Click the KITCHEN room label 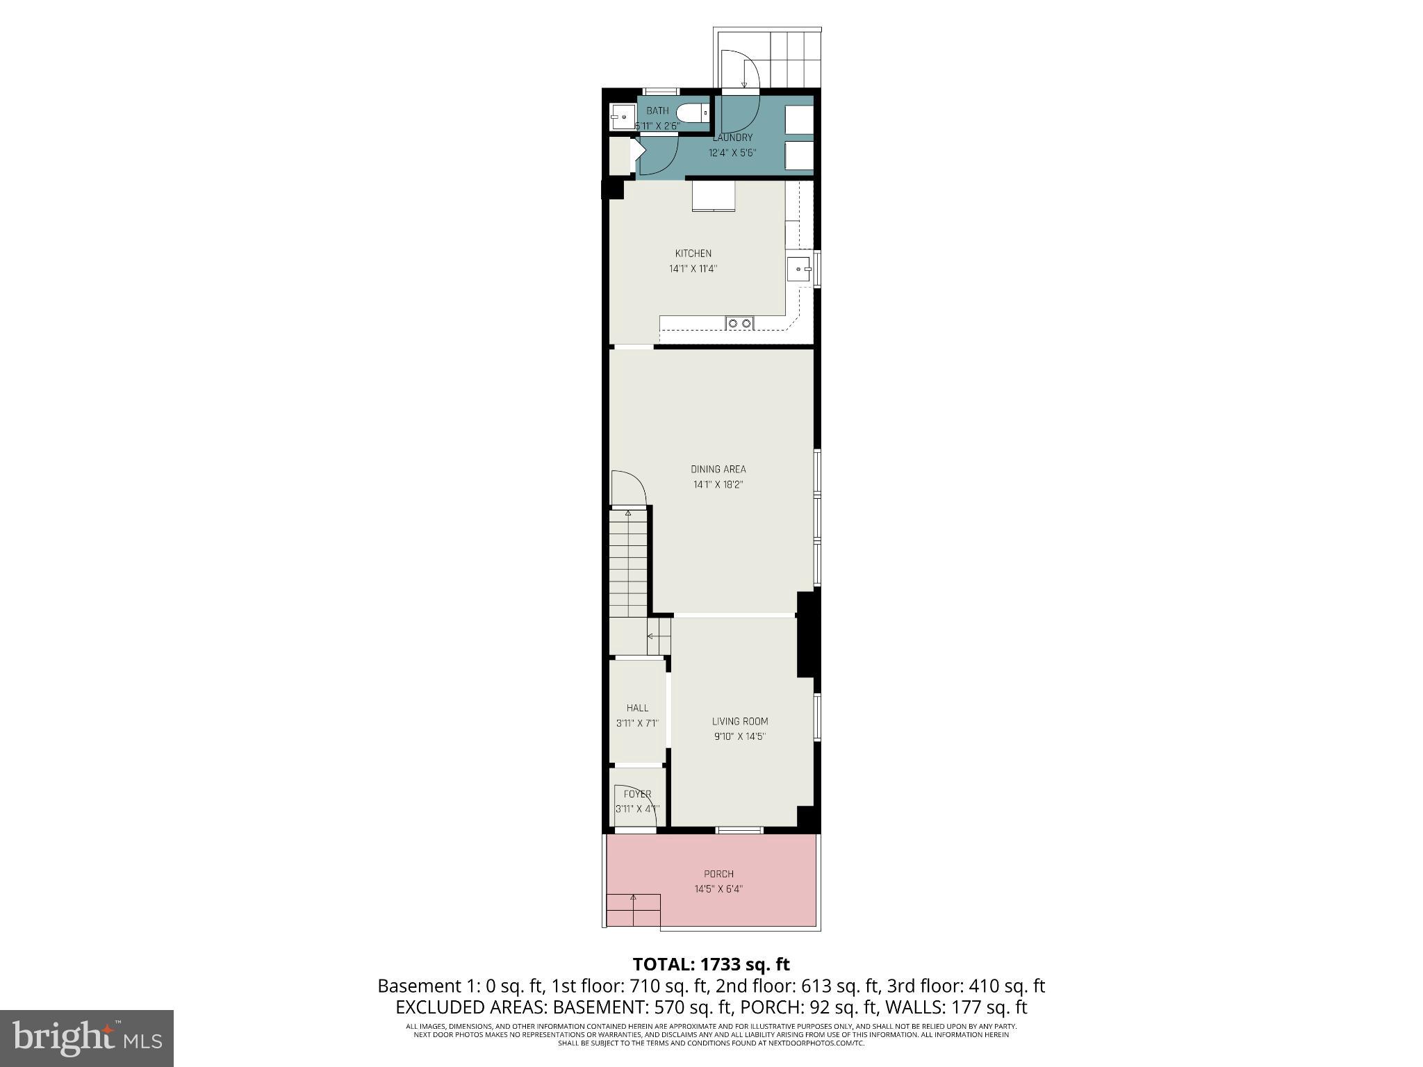(x=693, y=254)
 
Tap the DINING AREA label (x=718, y=470)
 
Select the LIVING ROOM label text (x=739, y=722)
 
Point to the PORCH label (x=718, y=874)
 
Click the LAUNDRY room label (x=732, y=138)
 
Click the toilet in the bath (x=691, y=113)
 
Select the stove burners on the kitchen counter (x=739, y=323)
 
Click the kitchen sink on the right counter (x=799, y=269)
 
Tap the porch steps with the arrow (x=633, y=910)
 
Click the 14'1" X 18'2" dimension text (x=718, y=485)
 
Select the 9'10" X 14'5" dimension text (x=739, y=736)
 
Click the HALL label (x=637, y=708)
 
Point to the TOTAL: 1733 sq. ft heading (x=711, y=964)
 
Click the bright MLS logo (x=87, y=1038)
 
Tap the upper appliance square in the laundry (x=799, y=119)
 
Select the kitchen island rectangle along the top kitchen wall (x=714, y=196)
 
